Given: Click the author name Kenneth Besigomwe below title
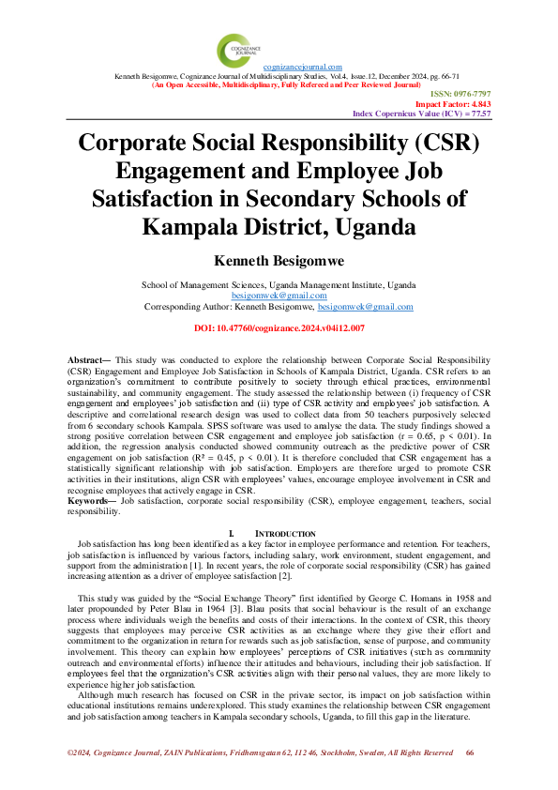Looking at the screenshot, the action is pyautogui.click(x=279, y=260).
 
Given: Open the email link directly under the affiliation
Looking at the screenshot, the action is pyautogui.click(x=279, y=294).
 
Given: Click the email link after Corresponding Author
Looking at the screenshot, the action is pyautogui.click(x=366, y=306).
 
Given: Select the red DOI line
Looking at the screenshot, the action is pyautogui.click(x=279, y=328).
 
